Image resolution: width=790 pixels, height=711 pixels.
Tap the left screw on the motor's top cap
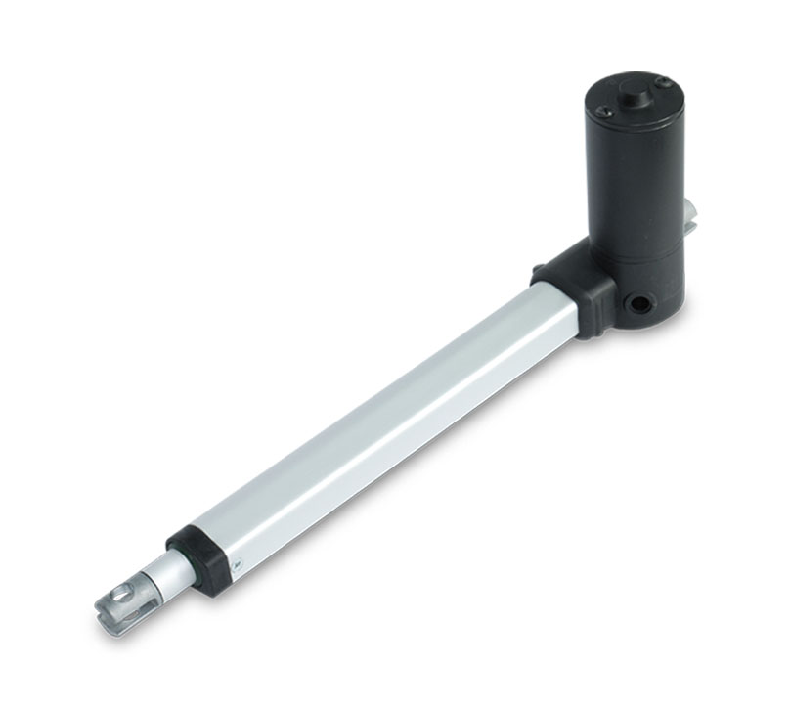pyautogui.click(x=603, y=112)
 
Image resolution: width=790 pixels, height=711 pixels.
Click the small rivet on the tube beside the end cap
pyautogui.click(x=235, y=562)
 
